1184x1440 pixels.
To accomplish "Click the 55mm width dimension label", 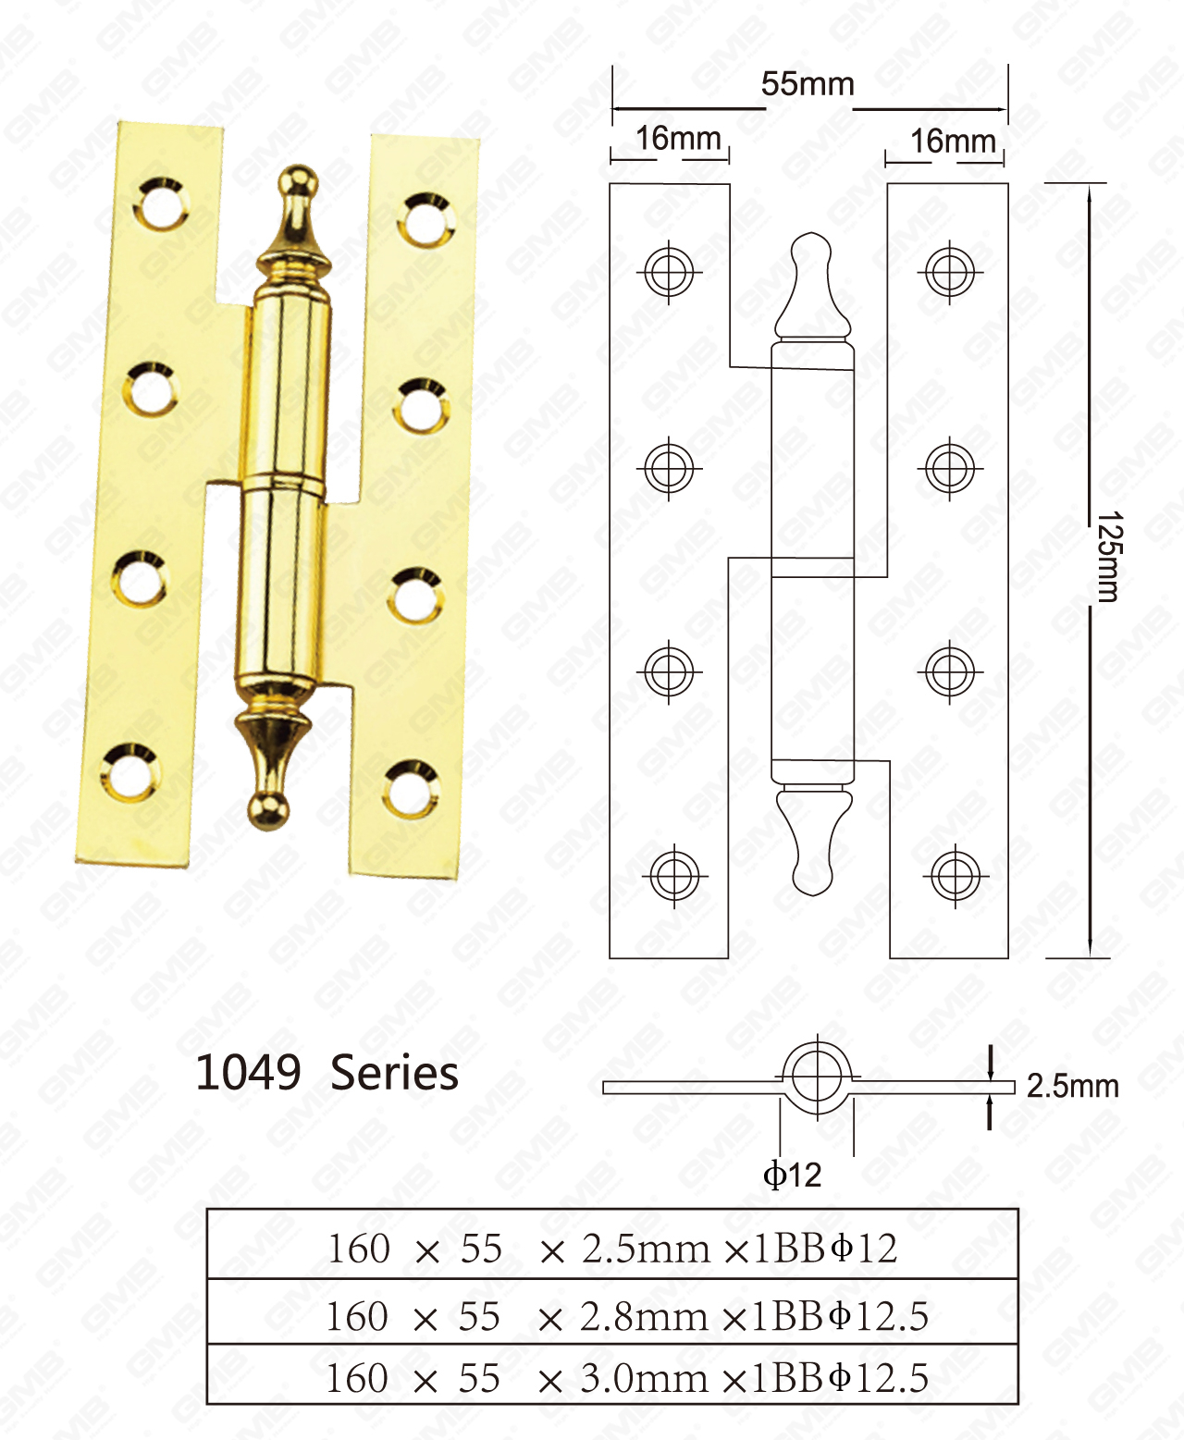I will [808, 84].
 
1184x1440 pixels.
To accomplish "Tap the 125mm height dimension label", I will [1108, 557].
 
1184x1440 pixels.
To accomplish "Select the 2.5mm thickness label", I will [1072, 1086].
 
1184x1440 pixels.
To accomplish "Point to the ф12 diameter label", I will [792, 1175].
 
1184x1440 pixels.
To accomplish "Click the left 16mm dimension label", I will [678, 139].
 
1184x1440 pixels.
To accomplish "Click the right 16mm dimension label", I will [953, 142].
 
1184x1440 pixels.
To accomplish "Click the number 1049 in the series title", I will [248, 1073].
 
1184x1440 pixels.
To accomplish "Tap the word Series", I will [394, 1074].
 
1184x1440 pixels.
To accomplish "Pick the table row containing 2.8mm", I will [612, 1316].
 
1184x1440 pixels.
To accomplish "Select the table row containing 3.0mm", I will [612, 1378].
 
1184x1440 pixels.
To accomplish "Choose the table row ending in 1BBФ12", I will [612, 1249].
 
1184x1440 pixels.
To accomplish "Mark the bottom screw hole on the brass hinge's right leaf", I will [410, 789].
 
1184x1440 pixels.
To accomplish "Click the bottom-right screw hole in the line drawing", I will [954, 874].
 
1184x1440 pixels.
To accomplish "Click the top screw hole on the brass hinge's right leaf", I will [424, 220].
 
